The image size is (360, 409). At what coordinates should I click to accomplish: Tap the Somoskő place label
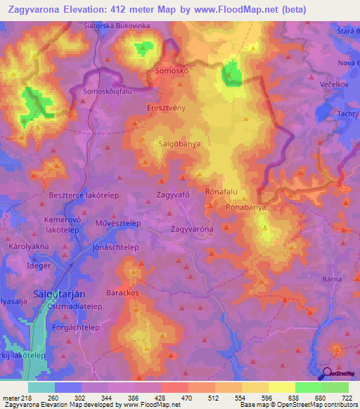coord(172,72)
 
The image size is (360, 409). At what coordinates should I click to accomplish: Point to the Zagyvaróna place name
coord(192,230)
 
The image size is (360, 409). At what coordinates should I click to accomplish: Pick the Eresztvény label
coord(166,109)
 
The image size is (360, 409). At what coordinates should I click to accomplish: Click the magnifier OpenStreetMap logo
coord(326,374)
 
